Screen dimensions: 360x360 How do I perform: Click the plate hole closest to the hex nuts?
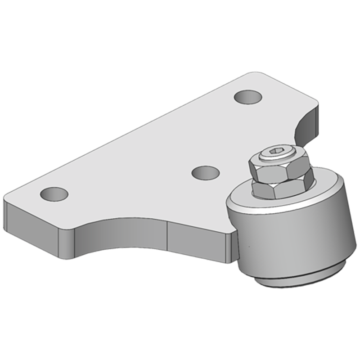pyautogui.click(x=205, y=172)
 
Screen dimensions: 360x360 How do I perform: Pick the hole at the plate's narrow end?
pyautogui.click(x=54, y=194)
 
